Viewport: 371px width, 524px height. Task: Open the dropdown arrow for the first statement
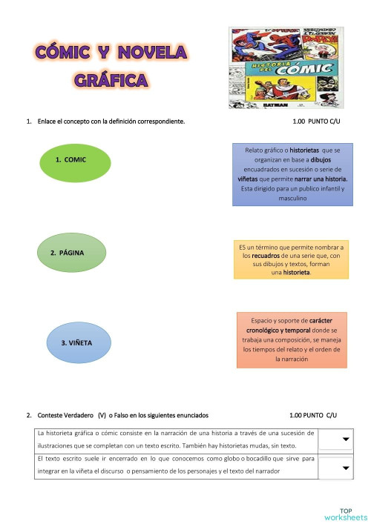coord(345,440)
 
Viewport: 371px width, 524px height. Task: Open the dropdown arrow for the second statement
coord(345,468)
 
